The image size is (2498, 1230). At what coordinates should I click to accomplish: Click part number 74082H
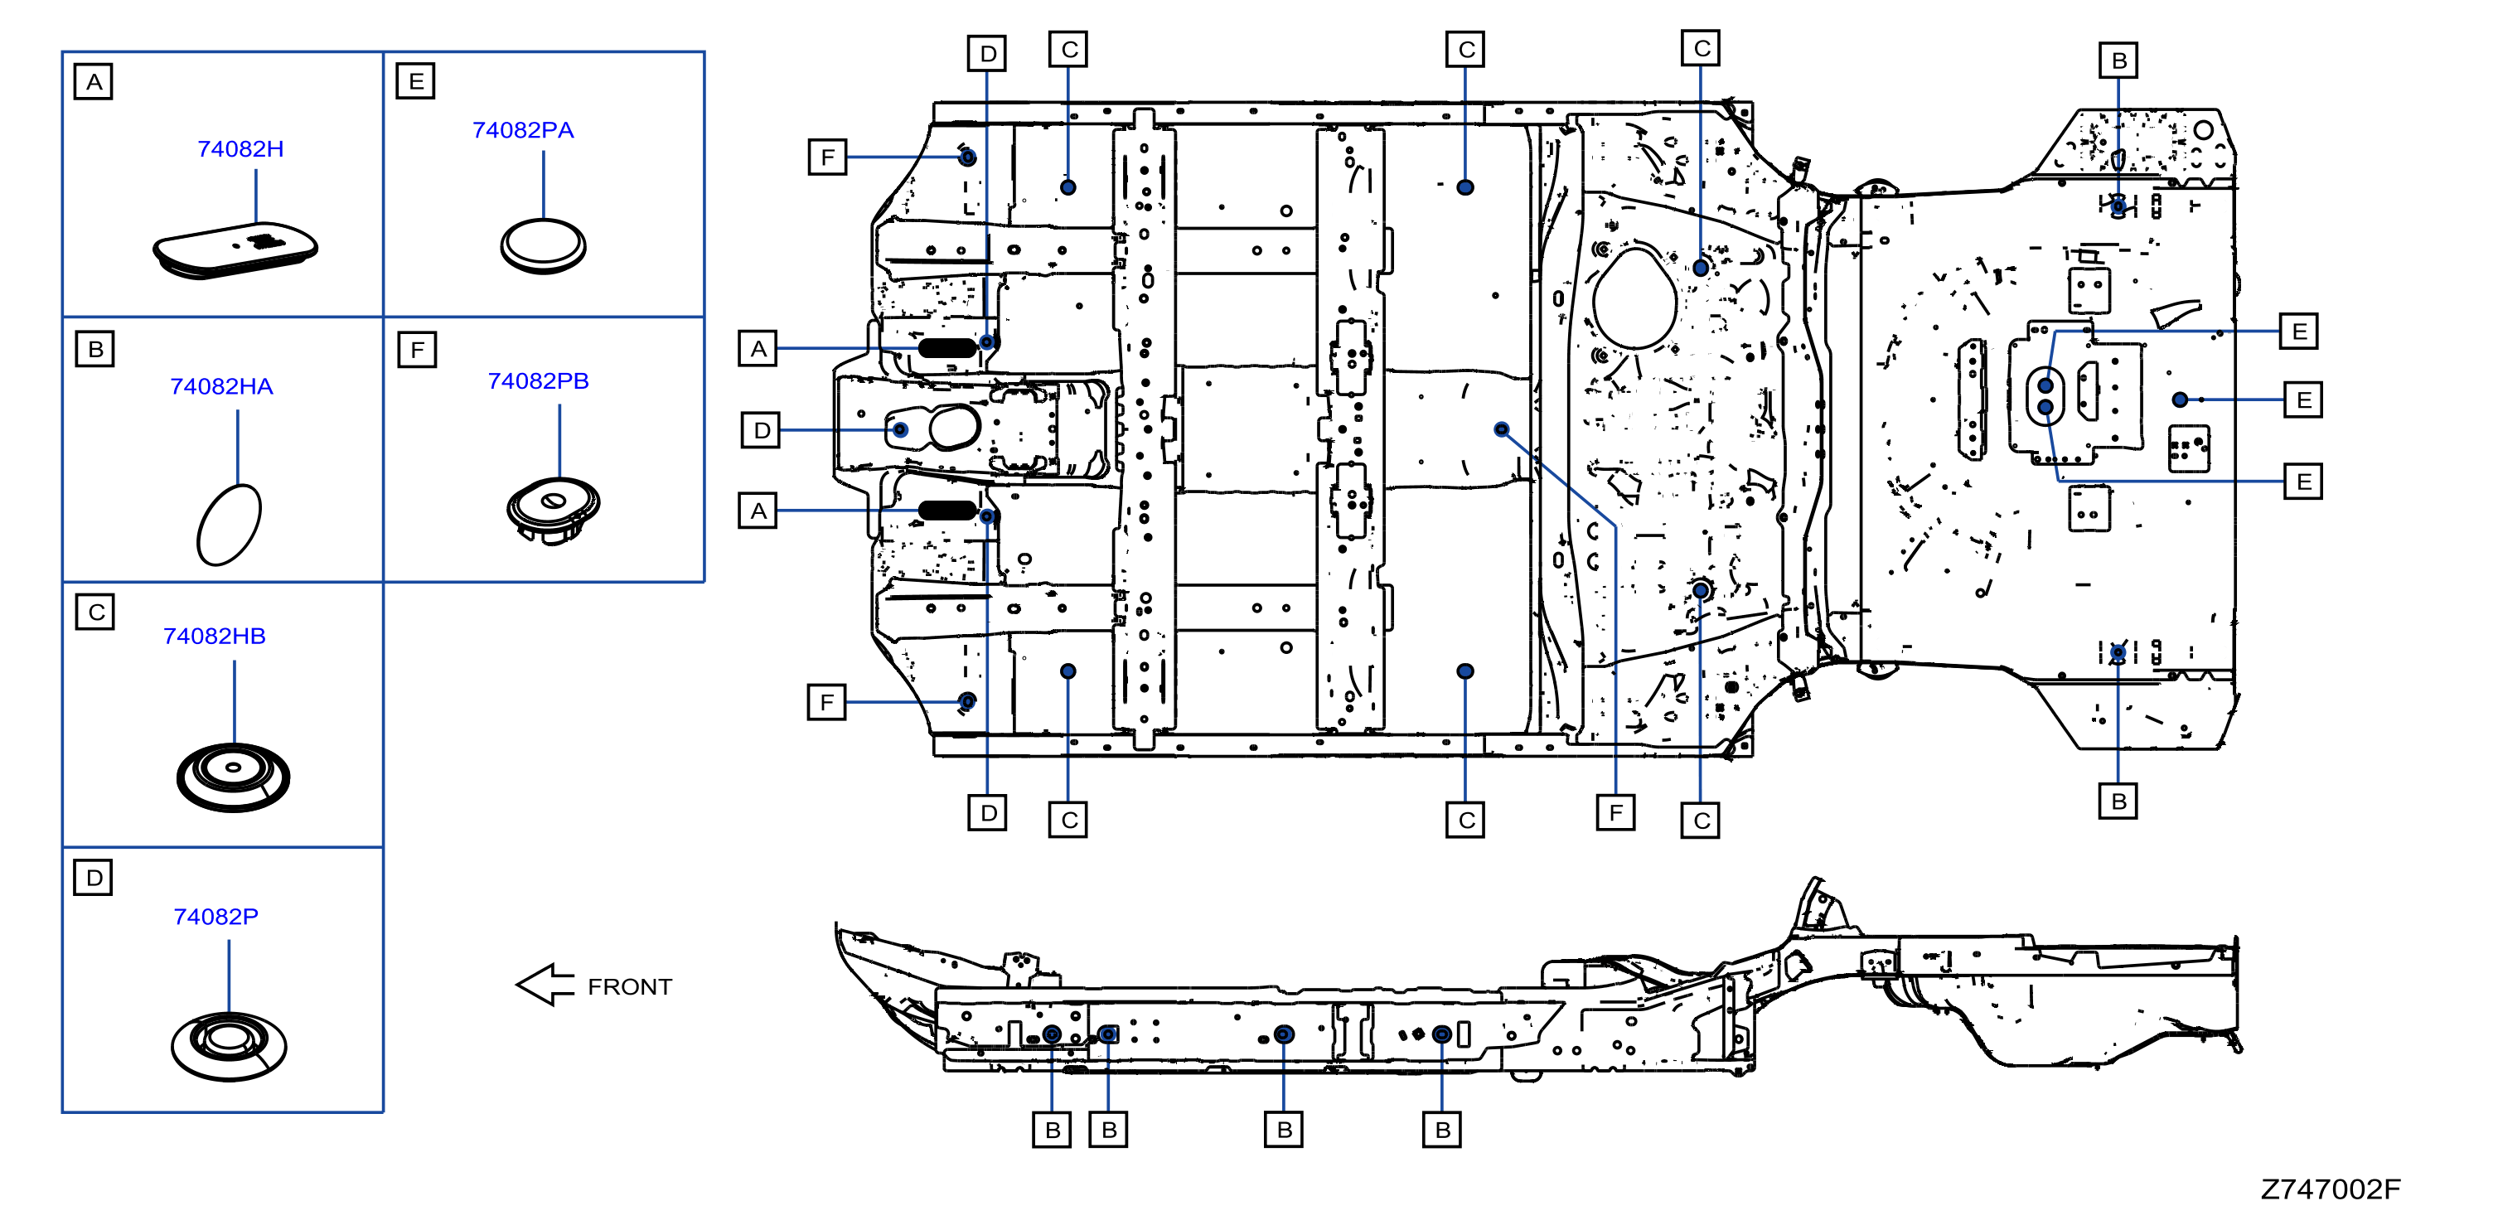coord(240,148)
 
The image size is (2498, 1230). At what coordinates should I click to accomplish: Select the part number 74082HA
coord(221,386)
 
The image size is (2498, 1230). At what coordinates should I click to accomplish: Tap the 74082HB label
coord(215,636)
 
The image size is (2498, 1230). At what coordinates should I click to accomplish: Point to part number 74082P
coord(215,917)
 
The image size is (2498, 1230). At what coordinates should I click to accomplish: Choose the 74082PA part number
coord(523,130)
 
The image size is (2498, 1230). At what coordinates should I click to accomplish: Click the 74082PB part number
coord(538,380)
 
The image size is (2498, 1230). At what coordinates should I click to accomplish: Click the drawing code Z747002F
coord(2331,1189)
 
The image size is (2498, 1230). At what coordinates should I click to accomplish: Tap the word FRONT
coord(629,986)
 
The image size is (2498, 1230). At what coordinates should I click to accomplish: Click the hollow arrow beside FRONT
coord(546,985)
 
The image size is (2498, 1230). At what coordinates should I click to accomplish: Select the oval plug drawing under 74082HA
coord(229,524)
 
